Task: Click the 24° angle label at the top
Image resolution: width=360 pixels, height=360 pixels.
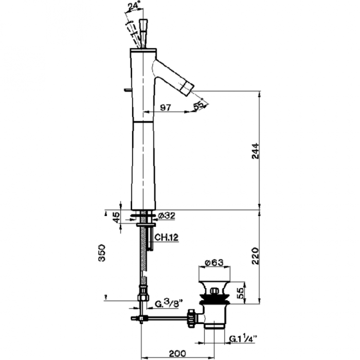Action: click(x=134, y=7)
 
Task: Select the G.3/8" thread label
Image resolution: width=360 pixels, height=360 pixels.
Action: click(x=167, y=304)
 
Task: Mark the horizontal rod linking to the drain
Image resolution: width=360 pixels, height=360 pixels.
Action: click(x=165, y=319)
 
